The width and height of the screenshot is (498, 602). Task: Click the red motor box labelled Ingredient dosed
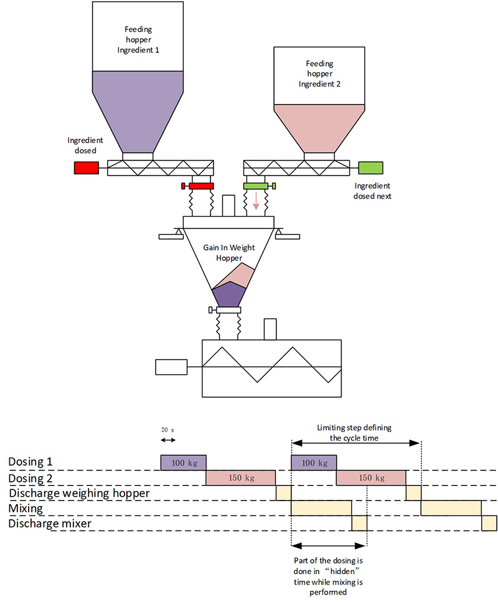(x=86, y=167)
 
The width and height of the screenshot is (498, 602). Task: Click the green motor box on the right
(x=371, y=167)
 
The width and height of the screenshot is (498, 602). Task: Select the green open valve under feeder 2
(x=256, y=186)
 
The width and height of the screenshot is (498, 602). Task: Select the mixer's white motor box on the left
(x=171, y=367)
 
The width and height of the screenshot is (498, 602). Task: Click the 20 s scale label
(x=168, y=430)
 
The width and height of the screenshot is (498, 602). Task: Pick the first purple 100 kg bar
(x=183, y=463)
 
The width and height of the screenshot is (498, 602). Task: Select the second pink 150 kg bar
(x=371, y=477)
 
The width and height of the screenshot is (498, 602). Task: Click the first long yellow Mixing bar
(x=321, y=508)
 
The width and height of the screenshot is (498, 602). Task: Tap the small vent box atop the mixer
(x=270, y=329)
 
